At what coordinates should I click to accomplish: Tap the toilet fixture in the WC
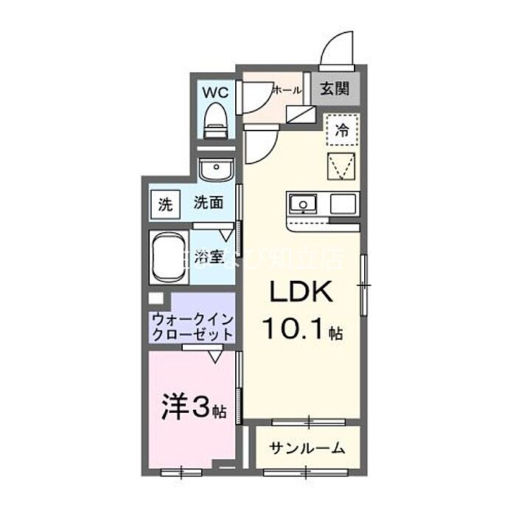coord(216,119)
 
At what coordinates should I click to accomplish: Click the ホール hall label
coord(287,91)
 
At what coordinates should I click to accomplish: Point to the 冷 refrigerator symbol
coord(342,132)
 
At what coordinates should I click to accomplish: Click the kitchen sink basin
coord(302,203)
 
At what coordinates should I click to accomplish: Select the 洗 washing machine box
coord(164,204)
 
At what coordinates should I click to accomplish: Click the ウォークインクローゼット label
coord(193,326)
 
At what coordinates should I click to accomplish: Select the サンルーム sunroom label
coord(307,448)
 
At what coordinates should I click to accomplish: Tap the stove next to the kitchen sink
coord(343,203)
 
